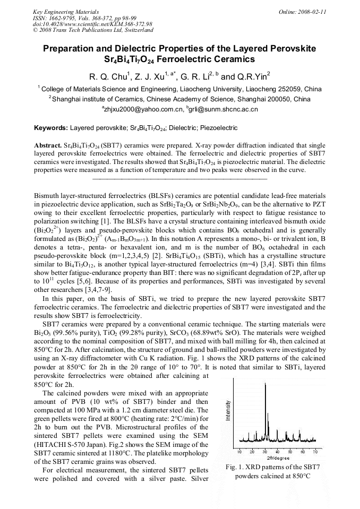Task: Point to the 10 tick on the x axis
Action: (239, 451)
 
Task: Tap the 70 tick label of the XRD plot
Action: (315, 451)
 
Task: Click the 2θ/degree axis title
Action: (278, 458)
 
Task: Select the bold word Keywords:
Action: (51, 128)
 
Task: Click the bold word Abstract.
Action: (48, 145)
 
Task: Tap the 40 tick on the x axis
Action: (278, 451)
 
